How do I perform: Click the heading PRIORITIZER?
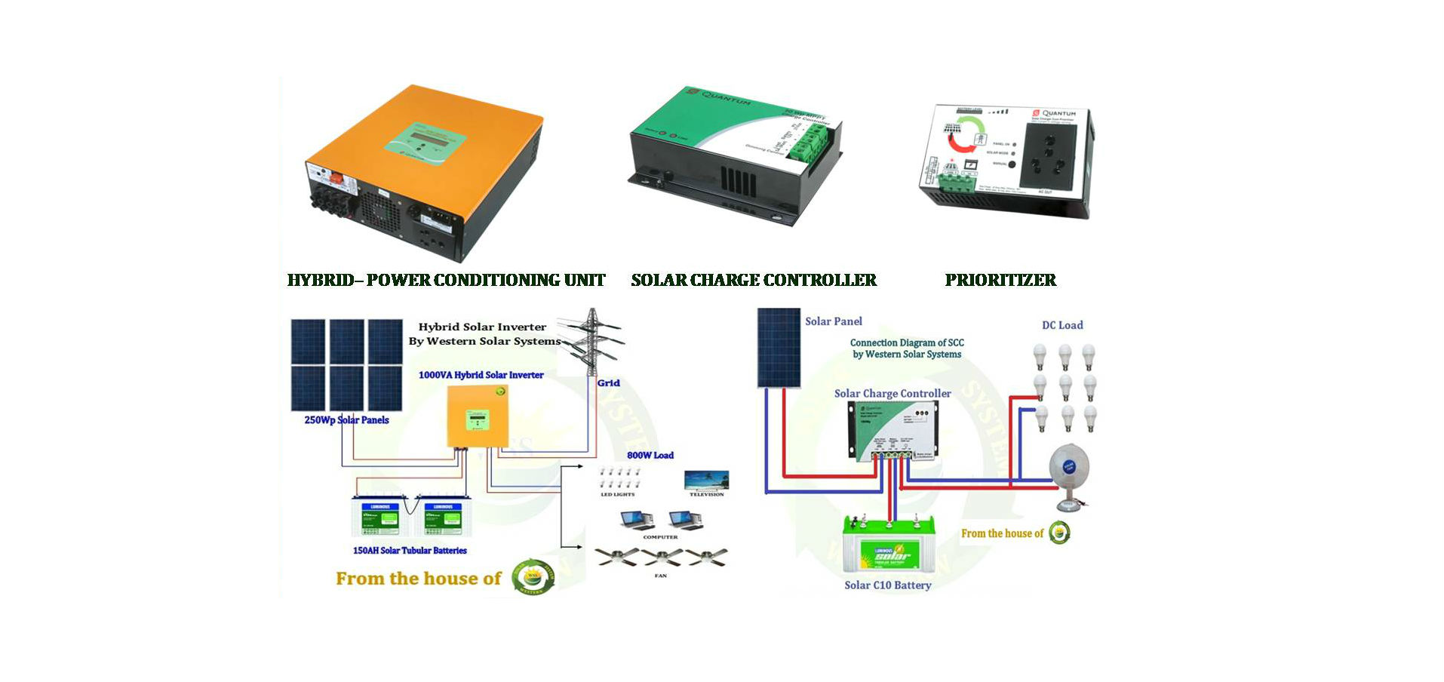tap(1000, 280)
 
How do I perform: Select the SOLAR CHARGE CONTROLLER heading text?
tap(754, 280)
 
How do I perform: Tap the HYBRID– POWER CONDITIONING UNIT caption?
tap(446, 280)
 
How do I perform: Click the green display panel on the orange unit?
tap(424, 142)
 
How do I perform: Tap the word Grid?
tap(608, 383)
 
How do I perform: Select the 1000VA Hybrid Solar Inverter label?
tap(481, 375)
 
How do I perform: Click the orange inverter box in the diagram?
tap(477, 416)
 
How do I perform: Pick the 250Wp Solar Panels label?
tap(346, 420)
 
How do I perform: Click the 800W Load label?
tap(650, 455)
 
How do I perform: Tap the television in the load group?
tap(706, 480)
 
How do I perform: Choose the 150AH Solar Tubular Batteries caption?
tap(410, 551)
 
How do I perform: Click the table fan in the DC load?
tap(1070, 474)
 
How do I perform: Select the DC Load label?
tap(1062, 325)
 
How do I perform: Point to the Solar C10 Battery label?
tap(887, 585)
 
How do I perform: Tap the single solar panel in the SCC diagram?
tap(779, 347)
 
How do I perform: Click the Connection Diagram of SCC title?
tap(907, 348)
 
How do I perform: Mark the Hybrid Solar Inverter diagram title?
tap(484, 333)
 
